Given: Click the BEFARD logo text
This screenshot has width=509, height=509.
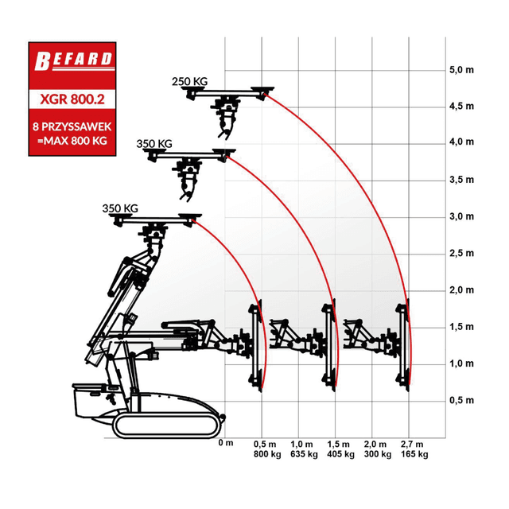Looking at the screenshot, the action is [x=73, y=60].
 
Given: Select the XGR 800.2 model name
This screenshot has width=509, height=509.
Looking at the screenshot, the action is [x=72, y=99].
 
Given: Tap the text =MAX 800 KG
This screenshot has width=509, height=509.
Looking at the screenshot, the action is [x=72, y=141].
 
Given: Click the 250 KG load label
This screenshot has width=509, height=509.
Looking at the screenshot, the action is [x=189, y=81].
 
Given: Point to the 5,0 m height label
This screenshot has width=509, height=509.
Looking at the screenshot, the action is [x=461, y=70].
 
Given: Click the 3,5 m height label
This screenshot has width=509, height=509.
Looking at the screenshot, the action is [x=461, y=180].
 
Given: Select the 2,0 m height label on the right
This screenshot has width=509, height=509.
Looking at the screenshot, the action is [x=461, y=289].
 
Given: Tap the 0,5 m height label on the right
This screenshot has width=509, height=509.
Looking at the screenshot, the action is [x=461, y=400].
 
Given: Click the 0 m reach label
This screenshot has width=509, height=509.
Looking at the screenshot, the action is [x=226, y=443].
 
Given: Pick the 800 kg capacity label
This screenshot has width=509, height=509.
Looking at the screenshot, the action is [x=267, y=454].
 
